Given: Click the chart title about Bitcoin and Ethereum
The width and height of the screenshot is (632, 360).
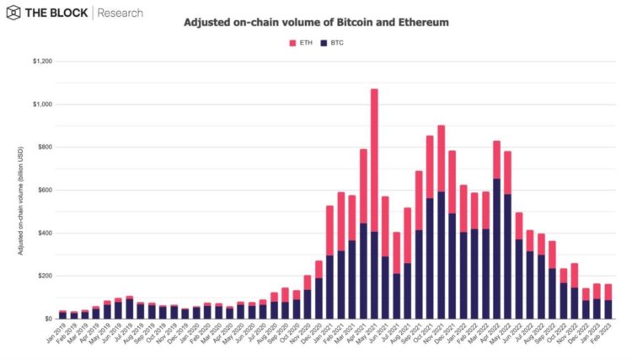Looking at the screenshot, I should coord(315,23).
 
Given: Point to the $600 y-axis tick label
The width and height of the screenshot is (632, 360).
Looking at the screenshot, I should coord(42,191).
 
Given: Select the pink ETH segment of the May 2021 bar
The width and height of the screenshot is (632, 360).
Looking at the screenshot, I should coord(374,159).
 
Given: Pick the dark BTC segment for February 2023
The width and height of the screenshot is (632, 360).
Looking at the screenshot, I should coord(608,309).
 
